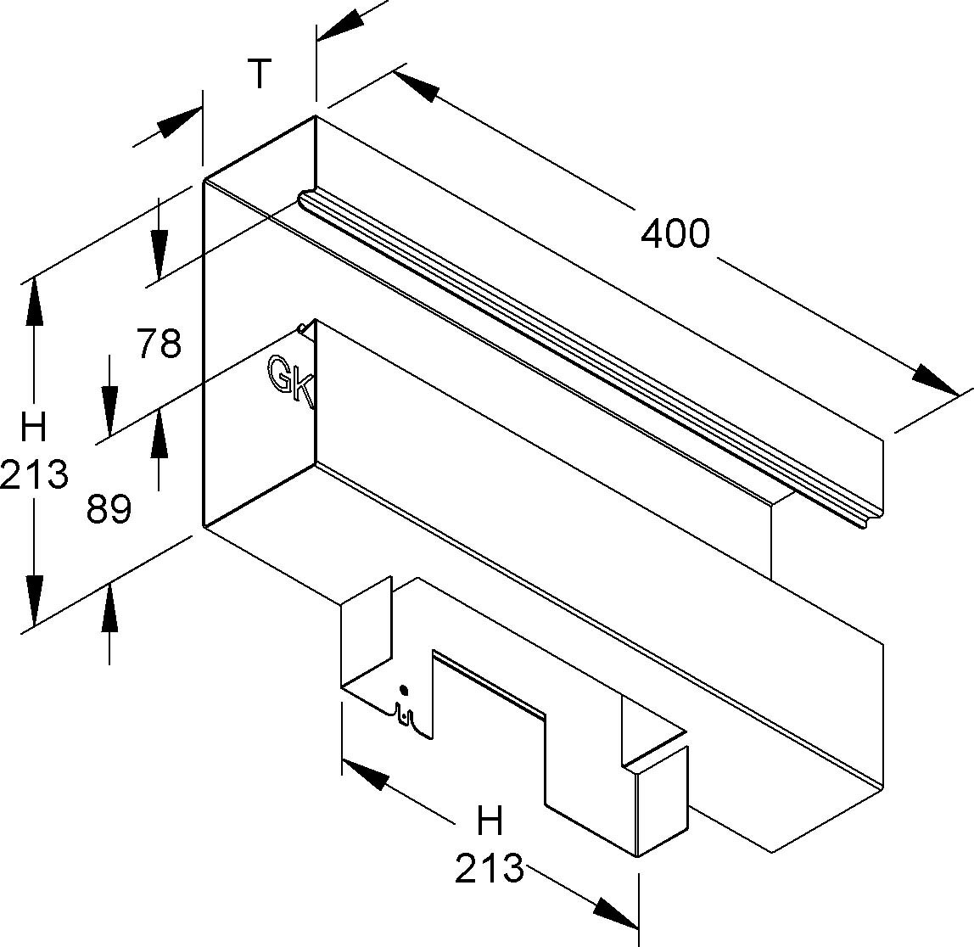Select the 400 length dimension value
[675, 233]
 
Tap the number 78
[159, 345]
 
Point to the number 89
[109, 509]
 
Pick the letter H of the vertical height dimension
[34, 429]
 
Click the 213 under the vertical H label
[34, 474]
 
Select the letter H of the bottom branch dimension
[490, 821]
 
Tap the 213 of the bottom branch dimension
[490, 868]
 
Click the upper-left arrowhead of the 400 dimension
[417, 85]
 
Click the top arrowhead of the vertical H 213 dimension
[34, 302]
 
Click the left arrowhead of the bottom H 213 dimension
[364, 772]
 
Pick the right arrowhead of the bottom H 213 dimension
[615, 913]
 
